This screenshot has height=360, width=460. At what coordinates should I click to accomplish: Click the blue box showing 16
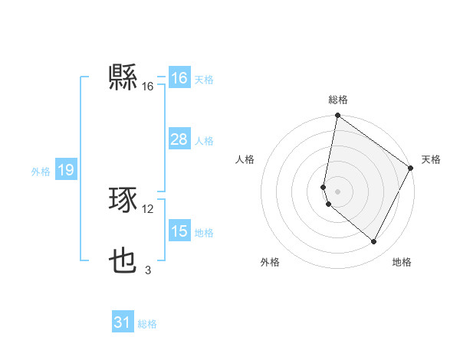click(179, 78)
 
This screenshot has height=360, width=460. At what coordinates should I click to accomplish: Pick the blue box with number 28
click(179, 139)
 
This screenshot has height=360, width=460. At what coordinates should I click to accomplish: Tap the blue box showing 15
click(179, 231)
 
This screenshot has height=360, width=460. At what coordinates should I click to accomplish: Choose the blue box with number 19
click(65, 170)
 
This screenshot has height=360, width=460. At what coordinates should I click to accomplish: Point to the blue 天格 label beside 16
click(204, 79)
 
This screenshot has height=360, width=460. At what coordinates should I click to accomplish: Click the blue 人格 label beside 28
click(204, 140)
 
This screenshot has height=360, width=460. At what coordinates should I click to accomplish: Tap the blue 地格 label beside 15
click(204, 232)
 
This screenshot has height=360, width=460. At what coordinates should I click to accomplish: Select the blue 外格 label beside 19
click(41, 172)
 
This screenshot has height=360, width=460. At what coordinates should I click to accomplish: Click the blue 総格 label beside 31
click(147, 324)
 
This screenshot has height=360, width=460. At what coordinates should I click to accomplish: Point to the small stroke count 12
click(148, 208)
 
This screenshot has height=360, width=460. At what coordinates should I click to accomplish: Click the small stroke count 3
click(148, 270)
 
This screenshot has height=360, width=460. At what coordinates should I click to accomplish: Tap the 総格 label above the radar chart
click(338, 100)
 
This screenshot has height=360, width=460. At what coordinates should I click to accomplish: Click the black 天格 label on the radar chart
click(431, 159)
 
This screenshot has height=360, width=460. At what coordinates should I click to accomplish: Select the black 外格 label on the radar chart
click(270, 262)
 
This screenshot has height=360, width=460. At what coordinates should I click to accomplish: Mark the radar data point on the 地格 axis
click(374, 242)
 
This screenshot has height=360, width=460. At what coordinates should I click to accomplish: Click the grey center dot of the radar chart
click(338, 191)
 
